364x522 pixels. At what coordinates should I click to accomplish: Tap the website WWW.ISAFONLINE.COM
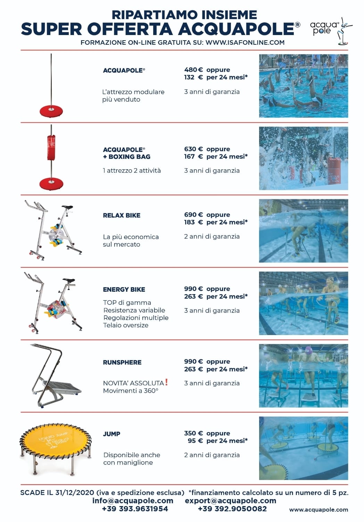(x=245, y=43)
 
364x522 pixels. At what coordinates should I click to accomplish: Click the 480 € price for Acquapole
(x=193, y=70)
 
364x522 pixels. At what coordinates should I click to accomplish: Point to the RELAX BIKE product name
(x=122, y=215)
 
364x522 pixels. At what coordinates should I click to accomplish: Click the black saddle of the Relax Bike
(x=67, y=207)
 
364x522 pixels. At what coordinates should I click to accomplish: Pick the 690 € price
(x=193, y=215)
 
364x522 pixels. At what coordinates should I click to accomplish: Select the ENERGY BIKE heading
(x=124, y=289)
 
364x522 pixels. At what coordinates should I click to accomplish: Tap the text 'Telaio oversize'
(x=126, y=325)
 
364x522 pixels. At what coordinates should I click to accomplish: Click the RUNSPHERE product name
(x=122, y=362)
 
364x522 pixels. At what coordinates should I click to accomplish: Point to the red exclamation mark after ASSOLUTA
(x=166, y=382)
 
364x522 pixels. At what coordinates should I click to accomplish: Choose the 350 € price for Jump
(x=193, y=433)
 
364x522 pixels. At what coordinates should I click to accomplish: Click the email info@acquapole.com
(x=133, y=500)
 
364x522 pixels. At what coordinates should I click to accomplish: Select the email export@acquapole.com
(x=231, y=500)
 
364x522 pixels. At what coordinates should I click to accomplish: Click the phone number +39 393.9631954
(x=135, y=509)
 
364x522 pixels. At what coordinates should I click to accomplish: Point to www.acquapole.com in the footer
(x=318, y=510)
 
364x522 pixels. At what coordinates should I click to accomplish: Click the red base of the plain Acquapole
(x=51, y=111)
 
